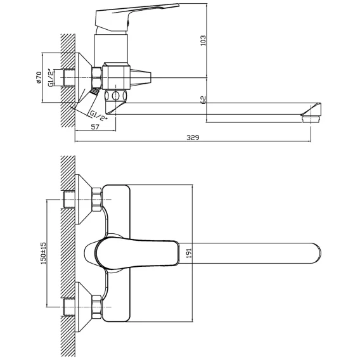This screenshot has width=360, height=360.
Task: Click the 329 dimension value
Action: (x=193, y=138)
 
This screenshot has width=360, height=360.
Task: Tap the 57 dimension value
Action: (x=95, y=127)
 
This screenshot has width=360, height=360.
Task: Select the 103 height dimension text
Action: (x=203, y=41)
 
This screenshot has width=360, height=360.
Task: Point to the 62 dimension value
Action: (x=203, y=100)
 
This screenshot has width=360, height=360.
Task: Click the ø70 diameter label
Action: (x=39, y=77)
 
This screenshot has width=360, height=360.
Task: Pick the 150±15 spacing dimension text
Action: (x=43, y=253)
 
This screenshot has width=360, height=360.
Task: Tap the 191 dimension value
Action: (x=189, y=253)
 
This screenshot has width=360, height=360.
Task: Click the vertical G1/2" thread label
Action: (x=51, y=77)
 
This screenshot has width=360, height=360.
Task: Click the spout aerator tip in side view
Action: (x=311, y=119)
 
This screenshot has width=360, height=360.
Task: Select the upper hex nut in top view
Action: (x=96, y=200)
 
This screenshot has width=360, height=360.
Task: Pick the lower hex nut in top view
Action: (x=96, y=307)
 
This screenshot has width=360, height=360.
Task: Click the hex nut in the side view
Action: (x=97, y=77)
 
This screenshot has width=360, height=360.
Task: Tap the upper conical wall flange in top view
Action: (x=84, y=199)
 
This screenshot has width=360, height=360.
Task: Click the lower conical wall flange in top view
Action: (x=84, y=307)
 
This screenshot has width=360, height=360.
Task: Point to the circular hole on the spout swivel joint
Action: (x=116, y=95)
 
